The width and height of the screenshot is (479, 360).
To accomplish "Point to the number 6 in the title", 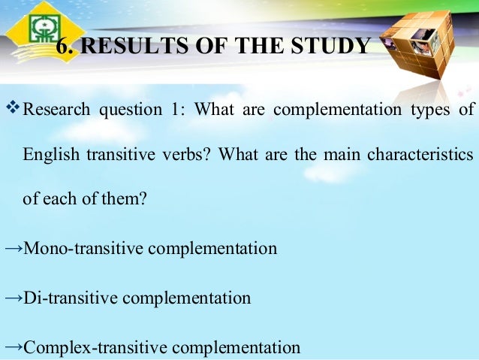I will (63, 47).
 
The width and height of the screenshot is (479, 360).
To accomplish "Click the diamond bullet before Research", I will (13, 110).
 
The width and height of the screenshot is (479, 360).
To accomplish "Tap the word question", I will (125, 110).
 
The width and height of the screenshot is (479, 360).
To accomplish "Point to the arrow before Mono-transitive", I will (13, 247).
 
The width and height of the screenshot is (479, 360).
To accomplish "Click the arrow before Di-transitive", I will (13, 298).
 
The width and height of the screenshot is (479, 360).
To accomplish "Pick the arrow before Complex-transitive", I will (13, 347).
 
